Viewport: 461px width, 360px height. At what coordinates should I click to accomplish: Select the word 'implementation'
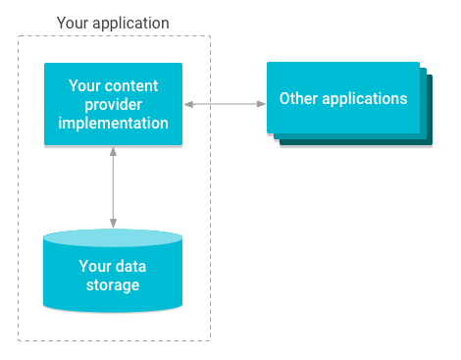(113, 124)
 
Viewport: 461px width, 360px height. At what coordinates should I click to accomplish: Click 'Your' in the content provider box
(85, 86)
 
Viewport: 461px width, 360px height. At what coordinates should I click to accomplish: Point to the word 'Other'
(298, 99)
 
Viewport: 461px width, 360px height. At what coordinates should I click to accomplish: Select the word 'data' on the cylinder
(131, 266)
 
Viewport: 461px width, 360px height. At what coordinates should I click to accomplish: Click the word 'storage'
(113, 285)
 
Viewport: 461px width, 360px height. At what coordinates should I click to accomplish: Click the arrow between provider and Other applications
(224, 102)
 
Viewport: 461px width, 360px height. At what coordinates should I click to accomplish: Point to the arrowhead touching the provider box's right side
(188, 102)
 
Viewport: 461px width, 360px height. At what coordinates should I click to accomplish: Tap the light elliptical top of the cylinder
(113, 238)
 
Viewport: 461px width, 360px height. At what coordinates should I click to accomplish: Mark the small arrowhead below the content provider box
(114, 150)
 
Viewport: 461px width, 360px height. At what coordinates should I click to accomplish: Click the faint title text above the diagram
(113, 22)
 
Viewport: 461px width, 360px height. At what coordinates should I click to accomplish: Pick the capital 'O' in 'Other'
(284, 99)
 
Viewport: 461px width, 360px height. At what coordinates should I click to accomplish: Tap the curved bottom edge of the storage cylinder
(113, 310)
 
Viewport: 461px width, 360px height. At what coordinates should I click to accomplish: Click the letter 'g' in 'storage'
(128, 286)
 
